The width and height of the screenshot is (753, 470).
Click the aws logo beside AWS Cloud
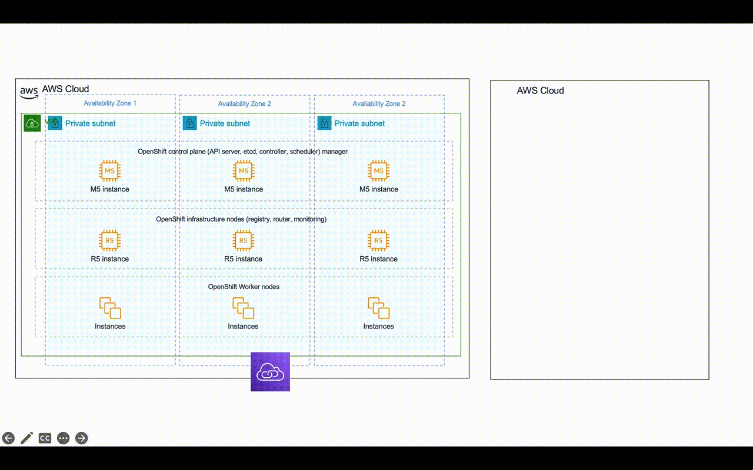[x=29, y=92]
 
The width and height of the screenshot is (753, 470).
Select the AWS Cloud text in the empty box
[x=540, y=90]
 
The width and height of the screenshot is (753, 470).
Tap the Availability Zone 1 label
[x=110, y=103]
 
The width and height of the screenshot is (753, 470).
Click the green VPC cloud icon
[x=32, y=123]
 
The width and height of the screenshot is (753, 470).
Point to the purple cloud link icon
[x=270, y=372]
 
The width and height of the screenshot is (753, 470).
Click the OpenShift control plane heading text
[x=242, y=152]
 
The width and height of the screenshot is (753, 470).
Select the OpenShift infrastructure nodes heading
[x=241, y=219]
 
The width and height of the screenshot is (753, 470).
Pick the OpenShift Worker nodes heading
[x=244, y=287]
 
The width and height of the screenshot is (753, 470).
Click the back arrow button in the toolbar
[x=8, y=438]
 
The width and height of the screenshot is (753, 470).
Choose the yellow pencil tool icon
[x=26, y=438]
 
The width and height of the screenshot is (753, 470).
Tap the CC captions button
[x=45, y=438]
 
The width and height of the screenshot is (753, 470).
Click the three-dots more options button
[x=63, y=438]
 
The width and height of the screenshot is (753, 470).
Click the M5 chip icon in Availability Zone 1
[x=109, y=171]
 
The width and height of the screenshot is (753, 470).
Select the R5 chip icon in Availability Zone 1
[x=109, y=240]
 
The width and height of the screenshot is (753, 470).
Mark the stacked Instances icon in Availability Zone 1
[x=110, y=308]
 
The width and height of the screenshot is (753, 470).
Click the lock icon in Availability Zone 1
[x=55, y=123]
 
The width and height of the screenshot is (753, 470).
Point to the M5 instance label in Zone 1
[x=110, y=189]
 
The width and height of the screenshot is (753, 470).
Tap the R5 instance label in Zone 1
[x=110, y=258]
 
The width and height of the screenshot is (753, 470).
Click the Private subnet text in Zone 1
[x=91, y=123]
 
